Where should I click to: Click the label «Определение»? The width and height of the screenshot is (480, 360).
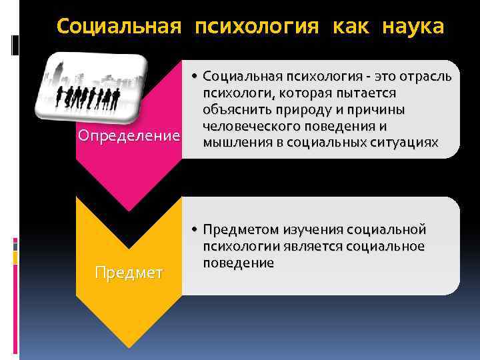click(x=129, y=136)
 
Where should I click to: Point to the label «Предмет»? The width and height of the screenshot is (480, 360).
click(x=129, y=273)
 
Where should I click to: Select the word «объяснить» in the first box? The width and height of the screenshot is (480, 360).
click(x=236, y=109)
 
